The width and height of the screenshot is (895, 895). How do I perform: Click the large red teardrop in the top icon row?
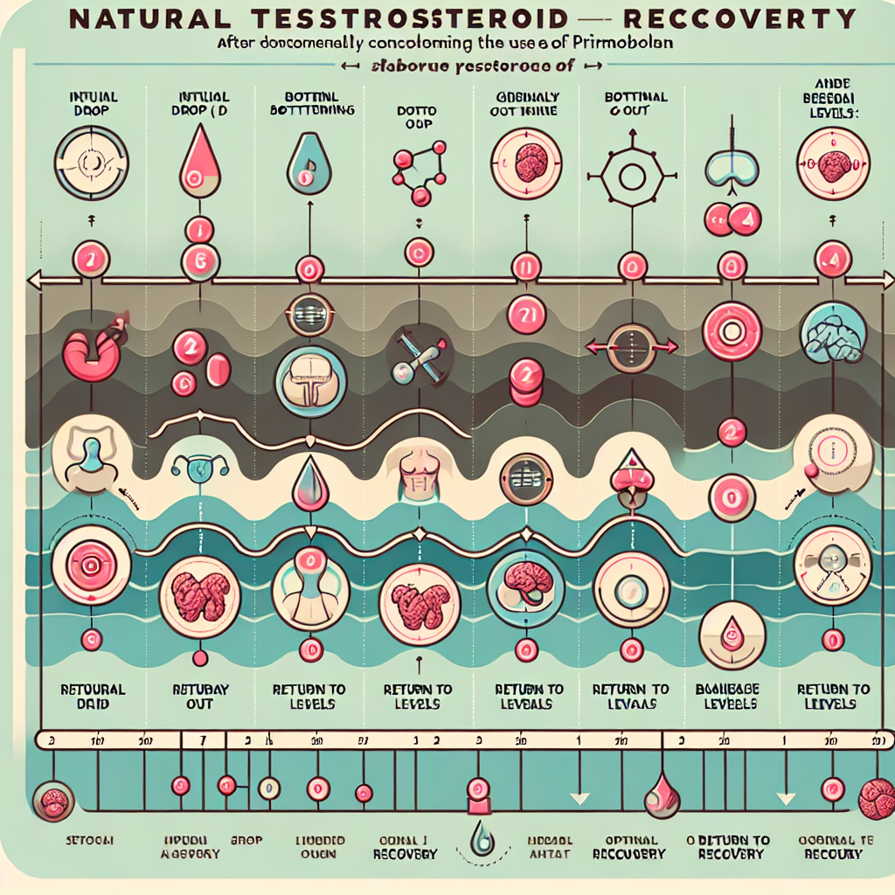(x=193, y=162)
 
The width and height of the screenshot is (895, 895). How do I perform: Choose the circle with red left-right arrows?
(x=629, y=347)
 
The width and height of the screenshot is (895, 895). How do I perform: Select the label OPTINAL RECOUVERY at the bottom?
(x=628, y=847)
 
